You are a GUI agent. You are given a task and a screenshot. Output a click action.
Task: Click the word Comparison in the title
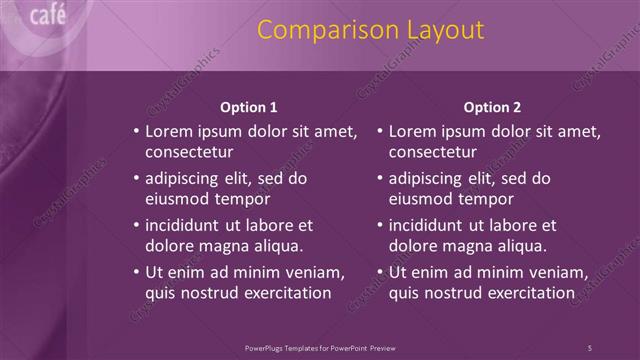(321, 30)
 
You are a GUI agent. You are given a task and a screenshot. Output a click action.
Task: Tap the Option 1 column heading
(248, 107)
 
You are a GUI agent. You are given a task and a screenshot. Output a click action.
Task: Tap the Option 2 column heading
(492, 107)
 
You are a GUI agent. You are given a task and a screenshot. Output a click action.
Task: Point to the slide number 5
(590, 348)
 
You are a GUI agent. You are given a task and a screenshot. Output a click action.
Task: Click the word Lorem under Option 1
(170, 131)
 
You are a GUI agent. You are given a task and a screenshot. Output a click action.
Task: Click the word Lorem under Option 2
(414, 131)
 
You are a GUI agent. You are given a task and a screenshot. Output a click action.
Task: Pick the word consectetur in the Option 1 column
(189, 152)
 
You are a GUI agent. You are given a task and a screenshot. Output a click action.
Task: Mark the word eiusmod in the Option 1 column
(176, 199)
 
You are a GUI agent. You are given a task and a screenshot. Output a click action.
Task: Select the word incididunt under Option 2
(432, 225)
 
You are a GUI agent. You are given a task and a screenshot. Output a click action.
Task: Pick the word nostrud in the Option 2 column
(455, 293)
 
